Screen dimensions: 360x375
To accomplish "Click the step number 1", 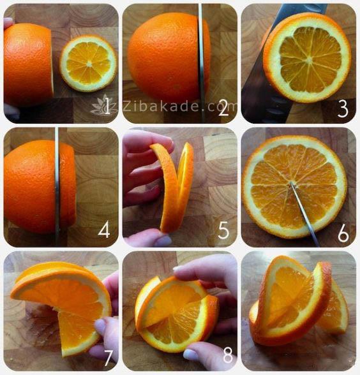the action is pos(107,107).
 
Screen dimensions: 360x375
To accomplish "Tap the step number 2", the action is pos(224,108).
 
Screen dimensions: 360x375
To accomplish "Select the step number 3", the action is pos(343,109).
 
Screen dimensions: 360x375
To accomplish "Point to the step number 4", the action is pos(104,230).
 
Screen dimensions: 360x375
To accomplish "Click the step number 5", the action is pos(223,231).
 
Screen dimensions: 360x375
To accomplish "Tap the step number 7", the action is pos(108,358).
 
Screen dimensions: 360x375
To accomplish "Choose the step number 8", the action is pos(228,356).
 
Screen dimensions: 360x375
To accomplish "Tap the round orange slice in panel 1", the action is pos(88,63).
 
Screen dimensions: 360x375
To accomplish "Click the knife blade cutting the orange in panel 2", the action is pos(201,62).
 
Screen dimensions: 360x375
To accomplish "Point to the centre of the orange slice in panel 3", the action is pos(310,60).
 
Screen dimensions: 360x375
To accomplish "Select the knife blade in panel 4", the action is pos(57,186).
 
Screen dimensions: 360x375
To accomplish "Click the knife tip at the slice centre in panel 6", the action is pos(291,183).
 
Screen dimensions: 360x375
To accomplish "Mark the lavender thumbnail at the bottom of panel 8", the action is pos(191,355).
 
